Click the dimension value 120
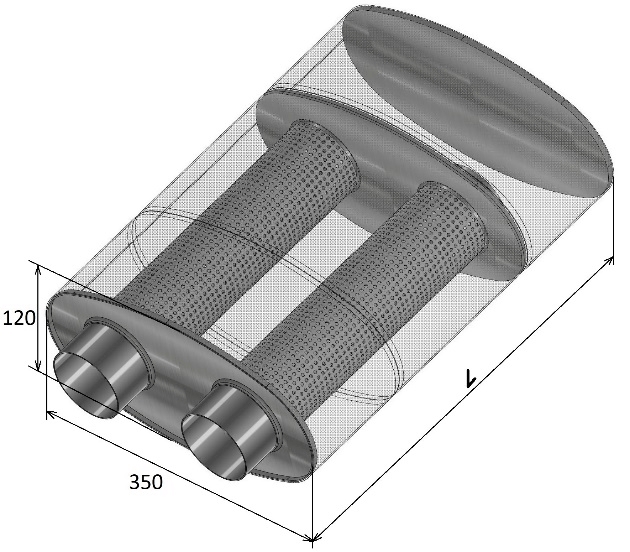(x=19, y=319)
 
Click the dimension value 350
(x=146, y=482)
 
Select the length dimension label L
(x=469, y=378)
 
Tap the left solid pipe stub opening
(x=87, y=385)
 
